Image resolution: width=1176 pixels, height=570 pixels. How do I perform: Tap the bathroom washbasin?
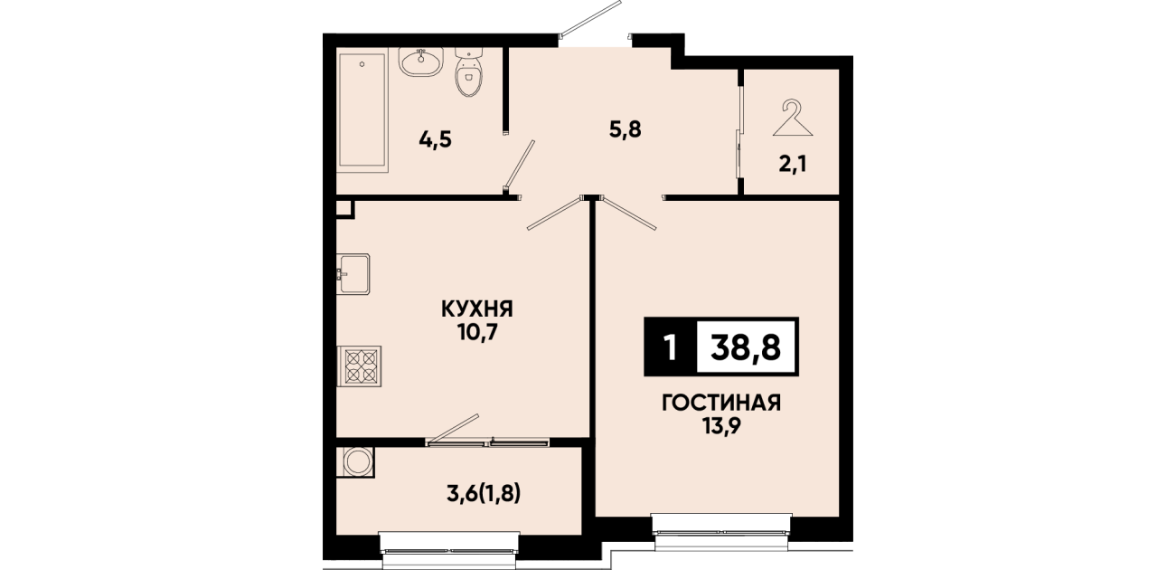pyautogui.click(x=421, y=62)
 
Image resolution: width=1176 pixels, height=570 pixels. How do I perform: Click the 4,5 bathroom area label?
pyautogui.click(x=435, y=139)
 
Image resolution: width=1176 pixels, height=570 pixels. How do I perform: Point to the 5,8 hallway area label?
pyautogui.click(x=626, y=128)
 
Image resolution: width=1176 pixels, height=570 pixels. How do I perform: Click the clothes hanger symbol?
pyautogui.click(x=792, y=119)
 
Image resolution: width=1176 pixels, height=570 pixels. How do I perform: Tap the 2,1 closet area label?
pyautogui.click(x=792, y=165)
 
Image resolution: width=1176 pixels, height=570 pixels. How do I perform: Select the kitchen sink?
pyautogui.click(x=353, y=274)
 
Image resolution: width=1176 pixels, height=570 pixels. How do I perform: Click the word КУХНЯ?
pyautogui.click(x=476, y=309)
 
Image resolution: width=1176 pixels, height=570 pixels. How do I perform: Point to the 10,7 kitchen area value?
pyautogui.click(x=477, y=333)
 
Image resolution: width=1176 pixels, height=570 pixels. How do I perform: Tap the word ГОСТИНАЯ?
pyautogui.click(x=721, y=403)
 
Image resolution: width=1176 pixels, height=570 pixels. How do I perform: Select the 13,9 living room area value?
pyautogui.click(x=721, y=426)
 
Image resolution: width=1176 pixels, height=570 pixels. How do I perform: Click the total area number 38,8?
pyautogui.click(x=746, y=347)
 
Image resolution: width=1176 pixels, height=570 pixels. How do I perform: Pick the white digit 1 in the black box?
pyautogui.click(x=670, y=347)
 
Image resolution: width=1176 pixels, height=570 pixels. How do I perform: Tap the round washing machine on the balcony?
pyautogui.click(x=358, y=461)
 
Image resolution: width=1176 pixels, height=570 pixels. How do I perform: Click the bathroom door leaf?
pyautogui.click(x=519, y=165)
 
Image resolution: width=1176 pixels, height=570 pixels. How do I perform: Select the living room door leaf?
pyautogui.click(x=628, y=214)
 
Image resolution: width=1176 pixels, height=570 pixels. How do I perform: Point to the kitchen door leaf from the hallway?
pyautogui.click(x=555, y=214)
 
